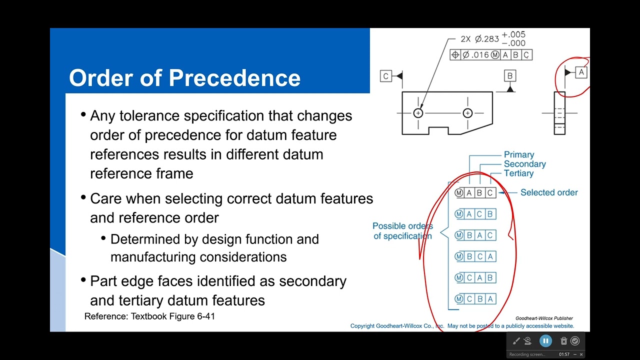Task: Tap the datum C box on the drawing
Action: pyautogui.click(x=385, y=76)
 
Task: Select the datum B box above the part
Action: pyautogui.click(x=510, y=75)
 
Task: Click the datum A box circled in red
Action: pyautogui.click(x=581, y=72)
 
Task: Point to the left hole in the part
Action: pyautogui.click(x=418, y=113)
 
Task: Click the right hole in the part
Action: pyautogui.click(x=467, y=113)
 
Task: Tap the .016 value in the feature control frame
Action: pyautogui.click(x=480, y=54)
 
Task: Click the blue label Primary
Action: pyautogui.click(x=519, y=154)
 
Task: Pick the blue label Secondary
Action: pyautogui.click(x=525, y=164)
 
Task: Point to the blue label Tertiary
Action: pyautogui.click(x=518, y=173)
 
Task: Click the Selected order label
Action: pyautogui.click(x=549, y=192)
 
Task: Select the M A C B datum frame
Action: pyautogui.click(x=475, y=214)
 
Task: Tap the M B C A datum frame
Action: pyautogui.click(x=475, y=256)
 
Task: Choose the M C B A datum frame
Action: pyautogui.click(x=475, y=299)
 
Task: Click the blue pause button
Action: pyautogui.click(x=545, y=341)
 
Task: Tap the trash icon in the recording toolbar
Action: pyautogui.click(x=563, y=341)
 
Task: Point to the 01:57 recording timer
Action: pyautogui.click(x=564, y=354)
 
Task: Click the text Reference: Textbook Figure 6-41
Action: pyautogui.click(x=149, y=316)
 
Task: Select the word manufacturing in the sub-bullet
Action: pyautogui.click(x=153, y=257)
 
